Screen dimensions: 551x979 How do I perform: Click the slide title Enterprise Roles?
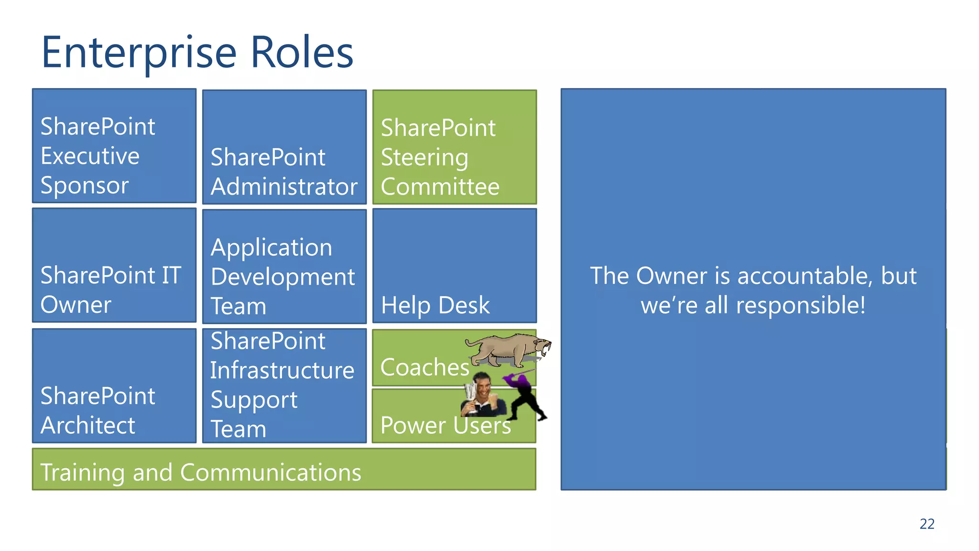pos(197,53)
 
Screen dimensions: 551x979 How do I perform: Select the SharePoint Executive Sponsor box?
pos(114,146)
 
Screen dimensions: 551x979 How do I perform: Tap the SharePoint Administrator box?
pos(284,147)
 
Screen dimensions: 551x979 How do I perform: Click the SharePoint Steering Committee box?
pos(454,147)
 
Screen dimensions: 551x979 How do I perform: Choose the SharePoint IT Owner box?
pos(114,265)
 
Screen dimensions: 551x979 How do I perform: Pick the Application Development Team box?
pos(284,267)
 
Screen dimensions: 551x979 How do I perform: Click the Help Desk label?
pos(435,305)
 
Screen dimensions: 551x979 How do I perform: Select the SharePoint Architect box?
pos(114,386)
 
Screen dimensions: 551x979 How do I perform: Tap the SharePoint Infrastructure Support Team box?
pos(284,386)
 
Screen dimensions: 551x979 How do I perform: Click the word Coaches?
pos(424,367)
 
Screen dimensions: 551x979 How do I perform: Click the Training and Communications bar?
pos(284,469)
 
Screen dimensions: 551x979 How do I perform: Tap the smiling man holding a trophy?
pos(484,395)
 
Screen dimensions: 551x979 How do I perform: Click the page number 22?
pos(926,524)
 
